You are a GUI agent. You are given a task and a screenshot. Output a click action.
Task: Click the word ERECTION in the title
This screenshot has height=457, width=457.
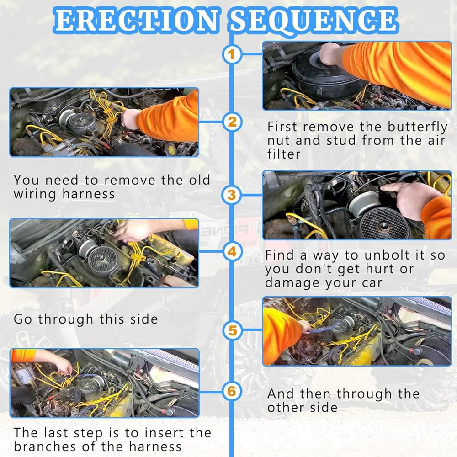click(x=136, y=21)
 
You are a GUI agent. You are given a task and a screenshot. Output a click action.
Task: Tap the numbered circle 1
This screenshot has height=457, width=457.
click(x=232, y=54)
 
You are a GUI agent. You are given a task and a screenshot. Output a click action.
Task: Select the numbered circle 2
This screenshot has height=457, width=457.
click(x=232, y=122)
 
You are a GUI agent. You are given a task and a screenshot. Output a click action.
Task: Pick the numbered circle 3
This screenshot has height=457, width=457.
click(x=232, y=195)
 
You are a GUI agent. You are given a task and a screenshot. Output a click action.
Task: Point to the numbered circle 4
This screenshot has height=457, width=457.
click(x=232, y=251)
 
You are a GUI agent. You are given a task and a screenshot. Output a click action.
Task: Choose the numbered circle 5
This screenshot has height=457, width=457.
click(x=232, y=330)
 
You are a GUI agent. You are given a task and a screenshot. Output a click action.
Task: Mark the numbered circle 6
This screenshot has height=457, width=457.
click(x=232, y=391)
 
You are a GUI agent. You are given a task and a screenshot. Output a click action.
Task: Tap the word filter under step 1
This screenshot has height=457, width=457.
click(x=284, y=154)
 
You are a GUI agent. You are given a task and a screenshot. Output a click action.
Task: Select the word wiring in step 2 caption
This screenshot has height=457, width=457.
click(x=35, y=194)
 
